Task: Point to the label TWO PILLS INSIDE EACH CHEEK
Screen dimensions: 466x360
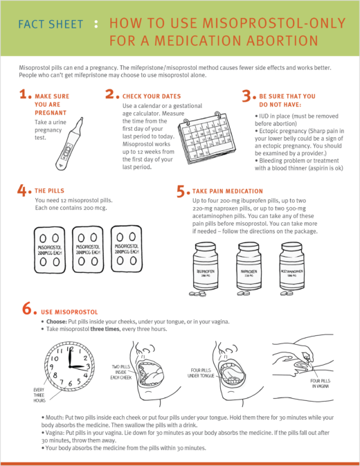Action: [x=125, y=370]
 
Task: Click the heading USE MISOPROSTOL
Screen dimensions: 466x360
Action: [x=73, y=312]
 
